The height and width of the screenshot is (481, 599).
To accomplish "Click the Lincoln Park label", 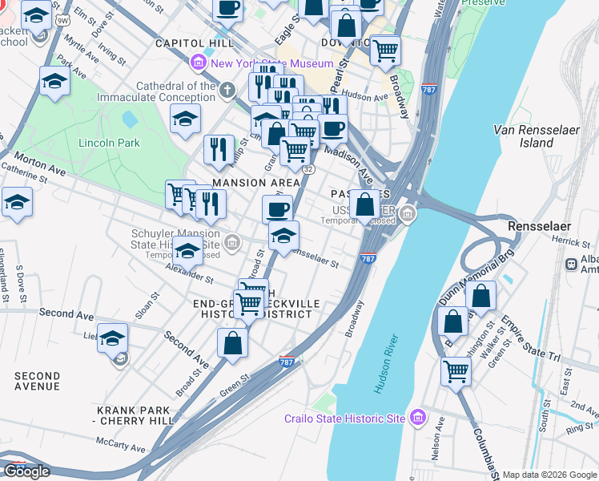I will (x=109, y=143).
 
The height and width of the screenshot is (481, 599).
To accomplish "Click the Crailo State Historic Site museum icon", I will (x=416, y=418).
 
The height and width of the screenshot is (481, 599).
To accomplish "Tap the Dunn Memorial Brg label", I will (x=475, y=277).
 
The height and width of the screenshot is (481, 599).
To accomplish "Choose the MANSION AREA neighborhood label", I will (x=255, y=184).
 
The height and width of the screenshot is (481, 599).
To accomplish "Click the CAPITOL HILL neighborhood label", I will (x=195, y=42).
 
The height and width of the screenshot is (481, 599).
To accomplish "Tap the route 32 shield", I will (x=308, y=169).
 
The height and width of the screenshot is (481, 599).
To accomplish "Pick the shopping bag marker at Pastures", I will (x=365, y=204).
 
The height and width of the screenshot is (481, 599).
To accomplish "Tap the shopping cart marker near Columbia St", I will (x=456, y=371).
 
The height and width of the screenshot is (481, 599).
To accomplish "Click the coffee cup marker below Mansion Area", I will (x=277, y=209).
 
